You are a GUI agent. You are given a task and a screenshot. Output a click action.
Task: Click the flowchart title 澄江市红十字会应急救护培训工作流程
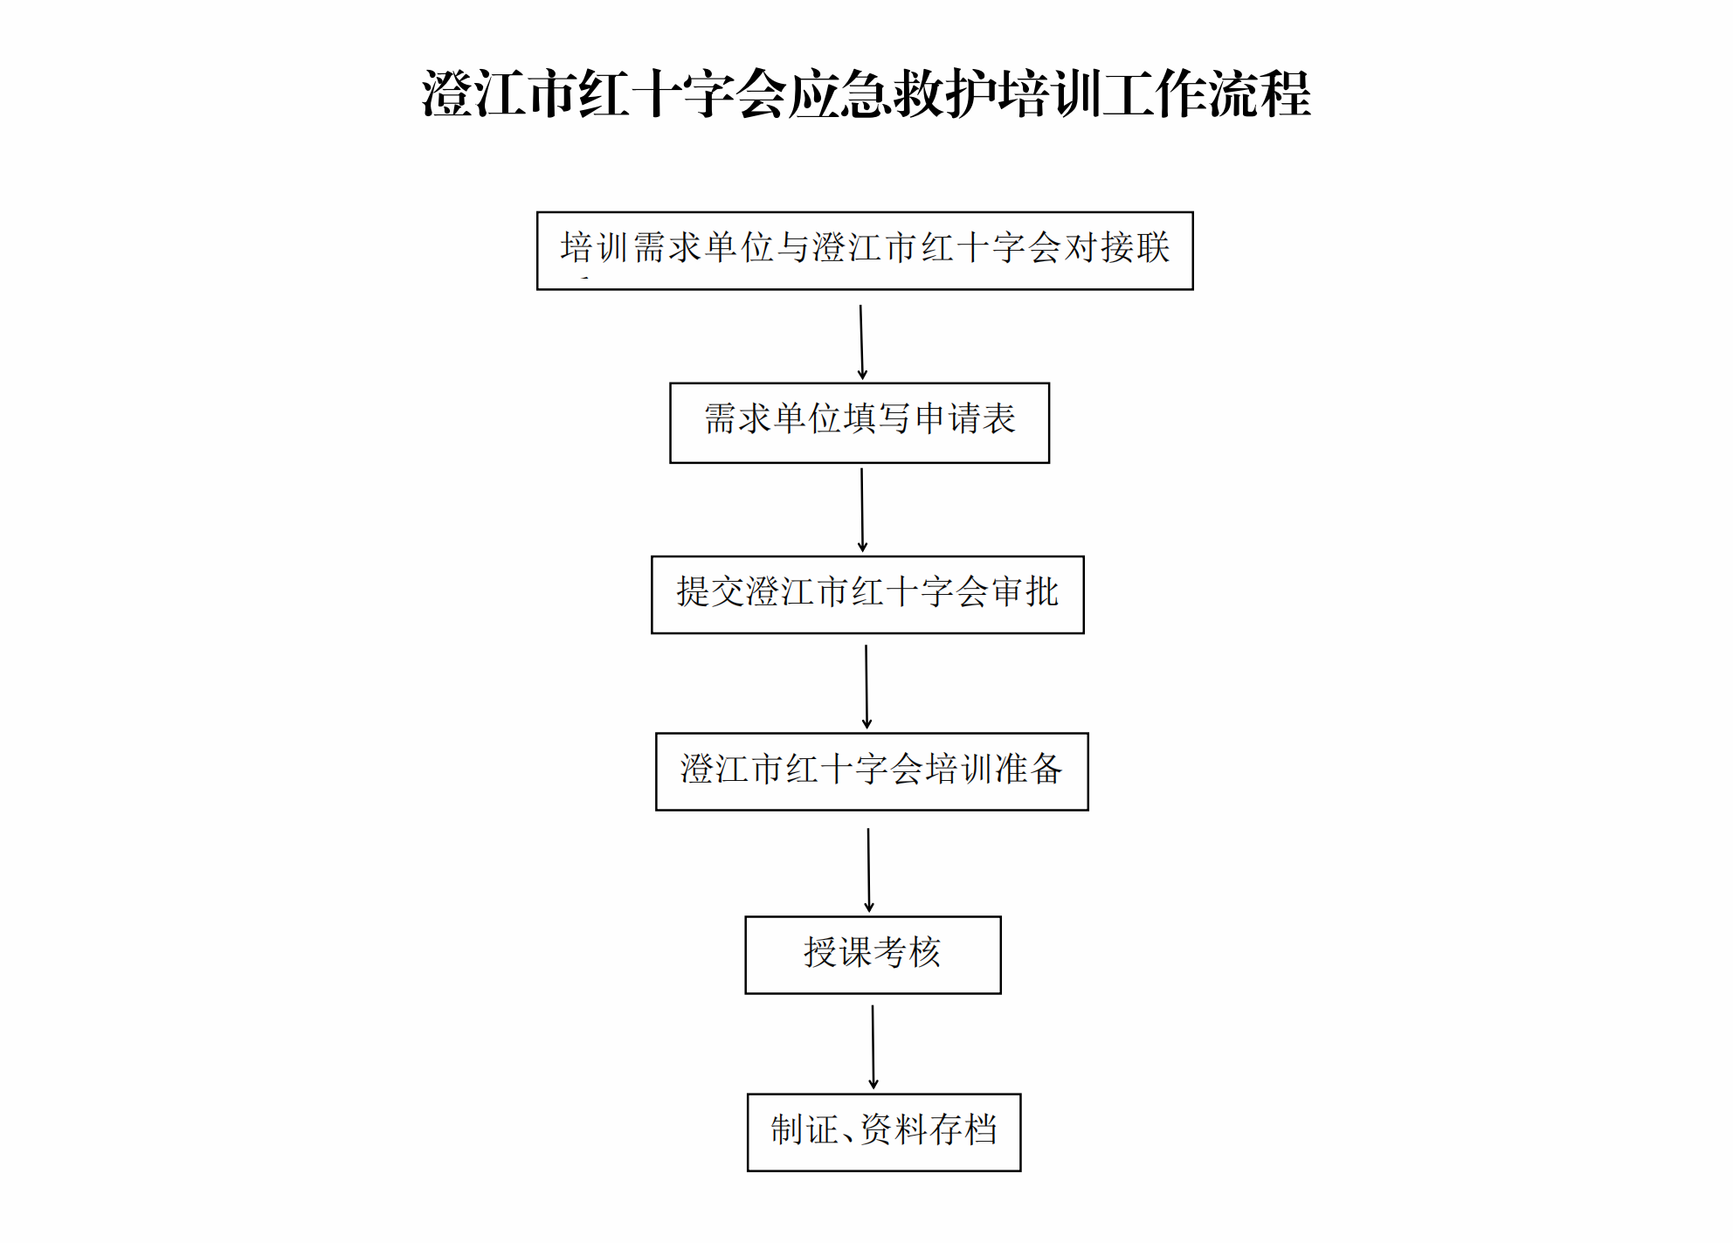pyautogui.click(x=866, y=93)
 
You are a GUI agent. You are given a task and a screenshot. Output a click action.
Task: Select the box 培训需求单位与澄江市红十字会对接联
pyautogui.click(x=865, y=251)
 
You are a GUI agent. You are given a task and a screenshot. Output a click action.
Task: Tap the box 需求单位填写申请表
pyautogui.click(x=860, y=423)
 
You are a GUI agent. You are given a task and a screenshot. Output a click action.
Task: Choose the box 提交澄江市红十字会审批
pyautogui.click(x=867, y=595)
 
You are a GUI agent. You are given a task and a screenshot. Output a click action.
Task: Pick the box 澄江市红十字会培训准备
pyautogui.click(x=872, y=771)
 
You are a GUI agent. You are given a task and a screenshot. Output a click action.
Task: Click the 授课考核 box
pyautogui.click(x=873, y=955)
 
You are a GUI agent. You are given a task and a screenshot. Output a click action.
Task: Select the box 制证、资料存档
pyautogui.click(x=884, y=1132)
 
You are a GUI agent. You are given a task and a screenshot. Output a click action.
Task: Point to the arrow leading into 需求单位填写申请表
pyautogui.click(x=861, y=342)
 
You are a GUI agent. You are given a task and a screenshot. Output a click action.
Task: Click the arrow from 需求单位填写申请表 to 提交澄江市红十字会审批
pyautogui.click(x=862, y=510)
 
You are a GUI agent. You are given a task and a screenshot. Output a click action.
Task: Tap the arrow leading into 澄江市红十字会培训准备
pyautogui.click(x=866, y=687)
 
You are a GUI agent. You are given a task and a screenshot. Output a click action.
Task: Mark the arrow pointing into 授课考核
pyautogui.click(x=868, y=871)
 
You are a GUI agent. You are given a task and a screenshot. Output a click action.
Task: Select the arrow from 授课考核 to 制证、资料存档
pyautogui.click(x=873, y=1047)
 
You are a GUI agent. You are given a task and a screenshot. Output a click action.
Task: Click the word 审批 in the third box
pyautogui.click(x=1025, y=592)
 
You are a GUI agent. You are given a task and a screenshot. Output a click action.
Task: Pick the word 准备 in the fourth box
pyautogui.click(x=1029, y=769)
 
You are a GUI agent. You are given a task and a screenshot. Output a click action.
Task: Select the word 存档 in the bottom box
pyautogui.click(x=964, y=1129)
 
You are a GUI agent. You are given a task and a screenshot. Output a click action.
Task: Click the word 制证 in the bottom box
pyautogui.click(x=804, y=1129)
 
